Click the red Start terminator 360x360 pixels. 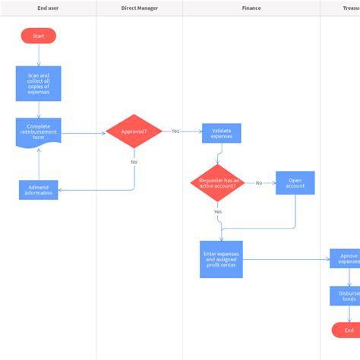coord(38,36)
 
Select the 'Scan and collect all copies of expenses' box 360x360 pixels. coord(38,84)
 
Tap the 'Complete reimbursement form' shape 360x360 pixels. coord(38,131)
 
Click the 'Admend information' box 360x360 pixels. coord(38,189)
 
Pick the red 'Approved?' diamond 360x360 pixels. coord(134,131)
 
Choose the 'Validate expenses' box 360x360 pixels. coord(221,133)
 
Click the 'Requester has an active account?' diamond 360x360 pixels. coord(217,183)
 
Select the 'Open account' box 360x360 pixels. coord(295,183)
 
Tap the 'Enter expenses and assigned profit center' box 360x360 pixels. coord(221,259)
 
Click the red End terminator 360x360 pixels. coord(348,330)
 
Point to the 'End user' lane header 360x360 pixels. coord(48,8)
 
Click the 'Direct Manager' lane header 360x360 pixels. coord(139,8)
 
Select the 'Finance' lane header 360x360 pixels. coord(251,8)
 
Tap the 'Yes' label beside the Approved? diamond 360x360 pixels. coord(175,131)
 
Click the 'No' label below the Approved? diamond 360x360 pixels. coord(134,162)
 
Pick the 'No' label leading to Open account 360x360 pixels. coord(258,183)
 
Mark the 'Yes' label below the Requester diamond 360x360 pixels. coord(217,211)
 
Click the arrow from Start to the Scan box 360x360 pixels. coord(38,55)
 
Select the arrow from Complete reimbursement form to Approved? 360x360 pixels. coord(84,133)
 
